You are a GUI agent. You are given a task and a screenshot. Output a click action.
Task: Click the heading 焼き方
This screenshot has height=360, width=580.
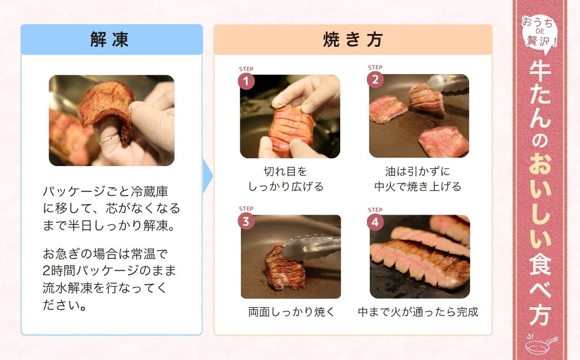352,40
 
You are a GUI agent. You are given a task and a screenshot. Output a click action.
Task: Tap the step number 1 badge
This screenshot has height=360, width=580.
246,81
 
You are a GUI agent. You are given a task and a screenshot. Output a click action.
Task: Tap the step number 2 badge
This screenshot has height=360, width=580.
375,80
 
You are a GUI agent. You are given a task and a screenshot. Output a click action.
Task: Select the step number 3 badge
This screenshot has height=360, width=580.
246,221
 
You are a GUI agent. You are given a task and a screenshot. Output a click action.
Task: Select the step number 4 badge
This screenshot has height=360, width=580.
375,222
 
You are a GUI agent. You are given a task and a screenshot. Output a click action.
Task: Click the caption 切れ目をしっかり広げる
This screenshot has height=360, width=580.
286,179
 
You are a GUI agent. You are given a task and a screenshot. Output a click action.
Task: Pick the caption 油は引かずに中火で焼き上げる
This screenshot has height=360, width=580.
418,179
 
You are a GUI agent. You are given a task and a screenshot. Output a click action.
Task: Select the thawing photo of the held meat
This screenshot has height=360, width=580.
112,120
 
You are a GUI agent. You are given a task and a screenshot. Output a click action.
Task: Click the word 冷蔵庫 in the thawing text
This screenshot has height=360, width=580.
151,192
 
